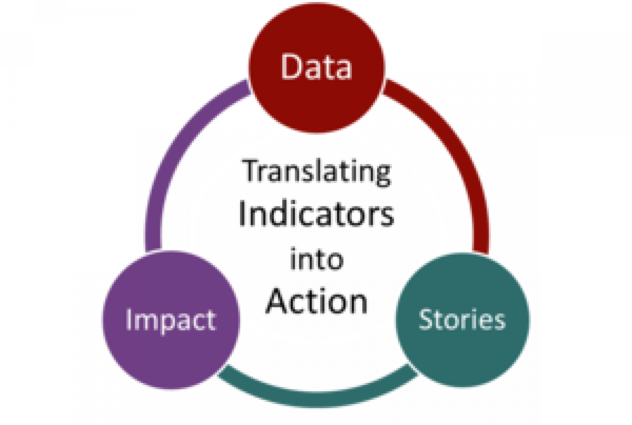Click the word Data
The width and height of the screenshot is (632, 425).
[316, 66]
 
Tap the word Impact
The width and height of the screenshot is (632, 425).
[171, 320]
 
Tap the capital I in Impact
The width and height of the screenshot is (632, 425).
[129, 319]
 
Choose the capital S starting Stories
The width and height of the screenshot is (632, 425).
[426, 319]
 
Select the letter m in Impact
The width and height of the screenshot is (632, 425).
[146, 321]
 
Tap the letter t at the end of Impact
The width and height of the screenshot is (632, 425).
[211, 320]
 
